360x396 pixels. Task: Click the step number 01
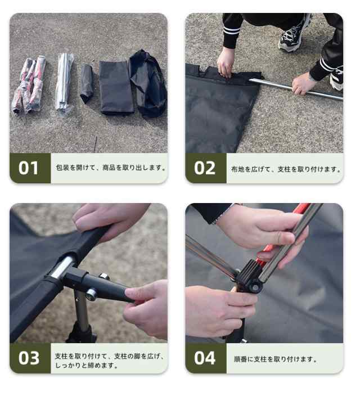[29, 168]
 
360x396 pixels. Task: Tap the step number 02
[205, 168]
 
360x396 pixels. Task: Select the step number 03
[29, 358]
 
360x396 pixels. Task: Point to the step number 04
[205, 358]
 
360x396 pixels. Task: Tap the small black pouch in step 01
[86, 83]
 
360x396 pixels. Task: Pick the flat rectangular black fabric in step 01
[116, 87]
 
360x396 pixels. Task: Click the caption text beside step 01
[111, 168]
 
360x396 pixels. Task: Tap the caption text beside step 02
[286, 169]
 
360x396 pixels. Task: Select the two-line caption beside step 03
[110, 361]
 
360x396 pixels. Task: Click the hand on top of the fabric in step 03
[112, 217]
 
